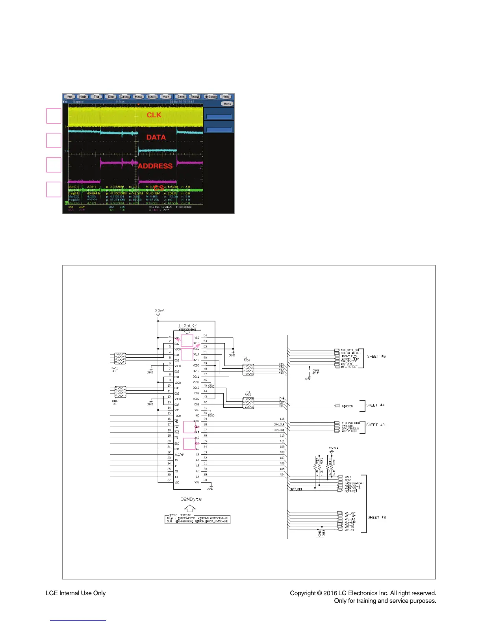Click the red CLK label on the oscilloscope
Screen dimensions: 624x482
[x=154, y=115]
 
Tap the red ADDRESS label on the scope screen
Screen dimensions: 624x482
[x=155, y=166]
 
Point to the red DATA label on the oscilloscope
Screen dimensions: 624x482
[x=156, y=137]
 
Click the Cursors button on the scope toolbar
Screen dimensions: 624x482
[x=125, y=97]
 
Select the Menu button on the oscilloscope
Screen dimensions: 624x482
[x=227, y=104]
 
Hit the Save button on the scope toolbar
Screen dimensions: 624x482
[x=181, y=97]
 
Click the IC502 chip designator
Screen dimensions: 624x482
[x=187, y=325]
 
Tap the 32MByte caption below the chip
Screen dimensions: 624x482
[x=191, y=499]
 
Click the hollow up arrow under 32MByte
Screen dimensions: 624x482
[x=190, y=508]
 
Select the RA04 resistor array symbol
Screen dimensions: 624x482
[x=248, y=370]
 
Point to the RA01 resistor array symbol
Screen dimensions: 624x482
[x=120, y=358]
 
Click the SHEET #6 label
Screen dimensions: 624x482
[x=376, y=357]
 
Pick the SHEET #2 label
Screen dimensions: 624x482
[x=376, y=517]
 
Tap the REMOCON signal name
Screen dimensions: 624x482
[x=347, y=406]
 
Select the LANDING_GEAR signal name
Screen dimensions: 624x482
[x=354, y=483]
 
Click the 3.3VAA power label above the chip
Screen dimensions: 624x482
[x=159, y=310]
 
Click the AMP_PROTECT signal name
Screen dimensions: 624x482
[x=349, y=367]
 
